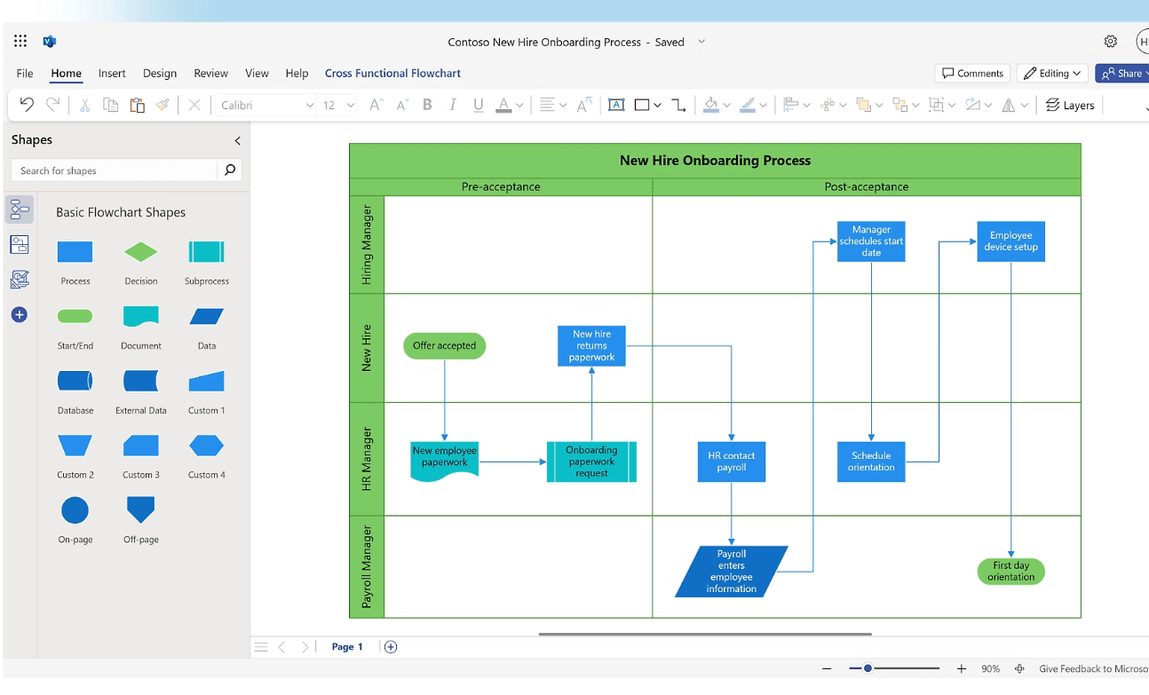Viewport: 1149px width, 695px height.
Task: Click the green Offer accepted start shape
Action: click(x=444, y=345)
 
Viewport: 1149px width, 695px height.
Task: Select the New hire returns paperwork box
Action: click(x=591, y=345)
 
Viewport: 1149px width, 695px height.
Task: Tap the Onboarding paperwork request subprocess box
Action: click(x=591, y=462)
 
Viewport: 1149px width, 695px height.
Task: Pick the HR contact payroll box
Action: click(x=731, y=462)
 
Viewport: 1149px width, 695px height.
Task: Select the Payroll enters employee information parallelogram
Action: click(x=731, y=571)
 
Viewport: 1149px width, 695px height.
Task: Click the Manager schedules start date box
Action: click(x=870, y=241)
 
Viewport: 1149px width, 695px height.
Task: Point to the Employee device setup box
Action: click(x=1010, y=241)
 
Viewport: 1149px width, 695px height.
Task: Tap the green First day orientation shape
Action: click(x=1010, y=571)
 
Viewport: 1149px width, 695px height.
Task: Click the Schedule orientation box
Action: click(x=870, y=462)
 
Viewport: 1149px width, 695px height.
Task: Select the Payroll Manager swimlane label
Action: click(x=367, y=566)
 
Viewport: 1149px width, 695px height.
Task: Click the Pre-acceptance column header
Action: click(x=501, y=187)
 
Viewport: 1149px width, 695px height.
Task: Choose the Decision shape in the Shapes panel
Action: click(x=140, y=253)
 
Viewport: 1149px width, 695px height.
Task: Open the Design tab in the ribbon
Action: click(x=160, y=74)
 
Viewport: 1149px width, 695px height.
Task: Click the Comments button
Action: click(x=972, y=74)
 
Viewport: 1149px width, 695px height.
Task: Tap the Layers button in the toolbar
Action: click(x=1069, y=105)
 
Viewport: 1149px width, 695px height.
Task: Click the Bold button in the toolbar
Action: click(x=427, y=105)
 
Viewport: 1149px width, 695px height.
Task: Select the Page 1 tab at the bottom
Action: click(x=347, y=647)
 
